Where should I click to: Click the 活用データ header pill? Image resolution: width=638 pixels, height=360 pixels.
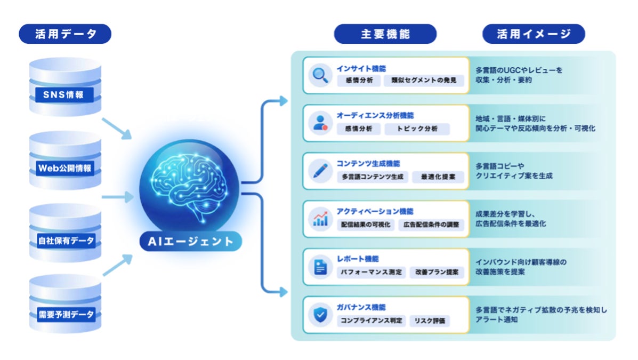click(x=65, y=34)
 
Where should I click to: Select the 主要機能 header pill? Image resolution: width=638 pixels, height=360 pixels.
click(x=385, y=34)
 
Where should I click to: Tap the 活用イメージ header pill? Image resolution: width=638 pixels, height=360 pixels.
click(x=534, y=34)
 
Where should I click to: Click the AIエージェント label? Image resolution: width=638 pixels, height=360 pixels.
click(x=191, y=241)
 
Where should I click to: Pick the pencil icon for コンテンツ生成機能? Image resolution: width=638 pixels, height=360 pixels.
click(x=320, y=171)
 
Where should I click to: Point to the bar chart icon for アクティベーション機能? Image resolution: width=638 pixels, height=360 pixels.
click(x=320, y=218)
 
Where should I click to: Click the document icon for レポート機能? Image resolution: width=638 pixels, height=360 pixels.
click(x=320, y=266)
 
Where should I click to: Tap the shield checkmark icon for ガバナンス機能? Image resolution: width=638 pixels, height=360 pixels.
click(x=320, y=314)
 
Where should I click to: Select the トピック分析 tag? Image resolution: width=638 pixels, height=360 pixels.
click(x=417, y=129)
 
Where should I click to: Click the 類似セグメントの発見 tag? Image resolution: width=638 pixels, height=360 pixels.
click(x=424, y=81)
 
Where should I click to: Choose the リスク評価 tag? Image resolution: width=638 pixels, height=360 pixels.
click(x=430, y=321)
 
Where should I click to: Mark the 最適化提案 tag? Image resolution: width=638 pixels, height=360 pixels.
click(x=438, y=177)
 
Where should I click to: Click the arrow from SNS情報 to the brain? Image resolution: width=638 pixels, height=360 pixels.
click(x=116, y=128)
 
